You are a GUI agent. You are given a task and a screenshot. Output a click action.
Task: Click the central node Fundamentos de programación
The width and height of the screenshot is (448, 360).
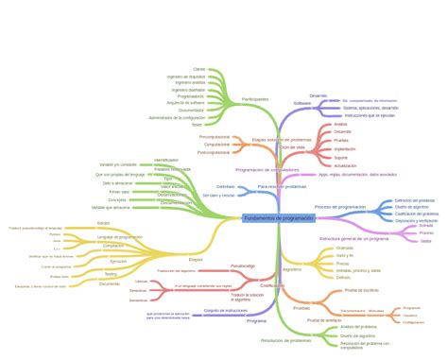click(278, 218)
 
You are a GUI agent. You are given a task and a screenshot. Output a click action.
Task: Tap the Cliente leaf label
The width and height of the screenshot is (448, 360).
click(198, 69)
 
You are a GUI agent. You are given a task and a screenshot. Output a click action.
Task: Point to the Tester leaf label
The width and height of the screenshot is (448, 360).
click(197, 124)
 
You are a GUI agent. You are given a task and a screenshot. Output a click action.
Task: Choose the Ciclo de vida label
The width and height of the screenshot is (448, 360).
click(292, 147)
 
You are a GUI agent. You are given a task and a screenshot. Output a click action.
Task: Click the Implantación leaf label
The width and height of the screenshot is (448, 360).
click(345, 148)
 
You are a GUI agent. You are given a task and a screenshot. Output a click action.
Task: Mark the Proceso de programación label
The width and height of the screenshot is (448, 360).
click(336, 207)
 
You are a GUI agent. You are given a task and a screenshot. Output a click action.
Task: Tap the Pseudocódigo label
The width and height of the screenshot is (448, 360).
click(243, 266)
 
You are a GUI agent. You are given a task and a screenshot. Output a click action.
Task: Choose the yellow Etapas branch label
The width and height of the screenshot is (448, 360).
click(196, 258)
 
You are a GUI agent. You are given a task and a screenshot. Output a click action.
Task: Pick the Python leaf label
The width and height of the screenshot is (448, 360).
click(55, 235)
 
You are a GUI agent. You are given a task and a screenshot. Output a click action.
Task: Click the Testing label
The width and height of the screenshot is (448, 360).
click(112, 273)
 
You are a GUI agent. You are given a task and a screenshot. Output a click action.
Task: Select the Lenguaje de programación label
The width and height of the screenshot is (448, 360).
click(119, 236)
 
